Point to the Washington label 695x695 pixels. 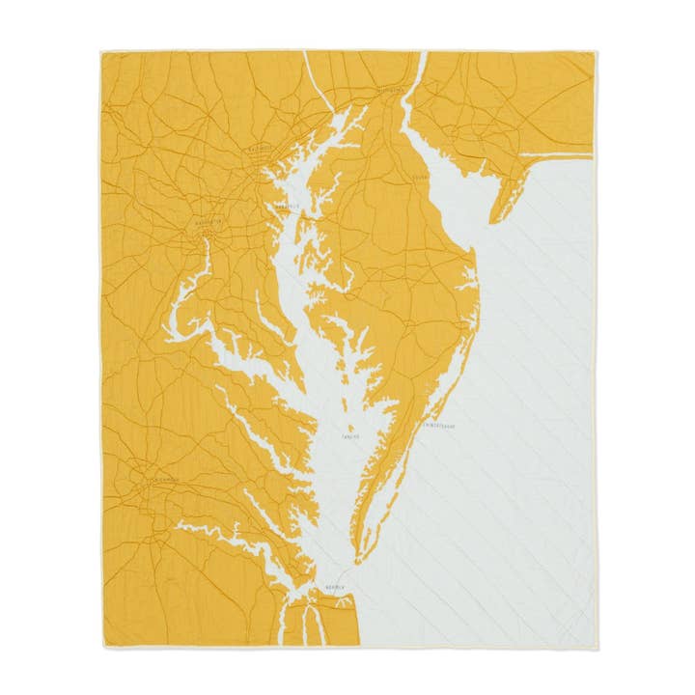tap(208, 223)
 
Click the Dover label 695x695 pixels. tap(421, 178)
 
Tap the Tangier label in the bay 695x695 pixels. tap(350, 436)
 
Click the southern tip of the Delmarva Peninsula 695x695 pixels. tap(358, 560)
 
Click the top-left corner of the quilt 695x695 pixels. tap(99, 49)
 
